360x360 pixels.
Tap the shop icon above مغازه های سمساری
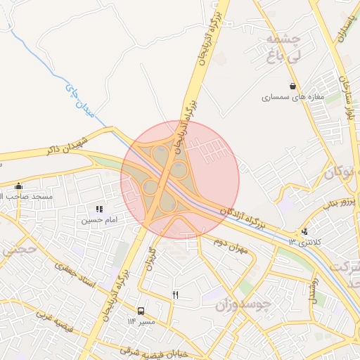[292, 86]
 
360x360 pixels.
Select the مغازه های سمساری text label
[292, 97]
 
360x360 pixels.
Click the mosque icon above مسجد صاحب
[18, 186]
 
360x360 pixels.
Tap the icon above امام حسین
[99, 209]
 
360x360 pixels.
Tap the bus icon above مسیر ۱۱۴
[141, 311]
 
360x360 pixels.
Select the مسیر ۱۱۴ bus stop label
[141, 321]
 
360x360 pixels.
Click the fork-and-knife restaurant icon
[175, 295]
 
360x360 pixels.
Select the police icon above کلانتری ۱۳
[304, 231]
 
